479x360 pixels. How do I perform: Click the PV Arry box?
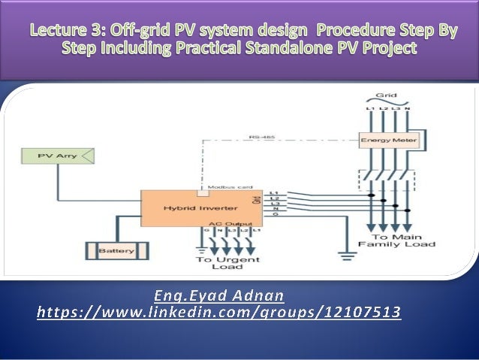pyautogui.click(x=56, y=157)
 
